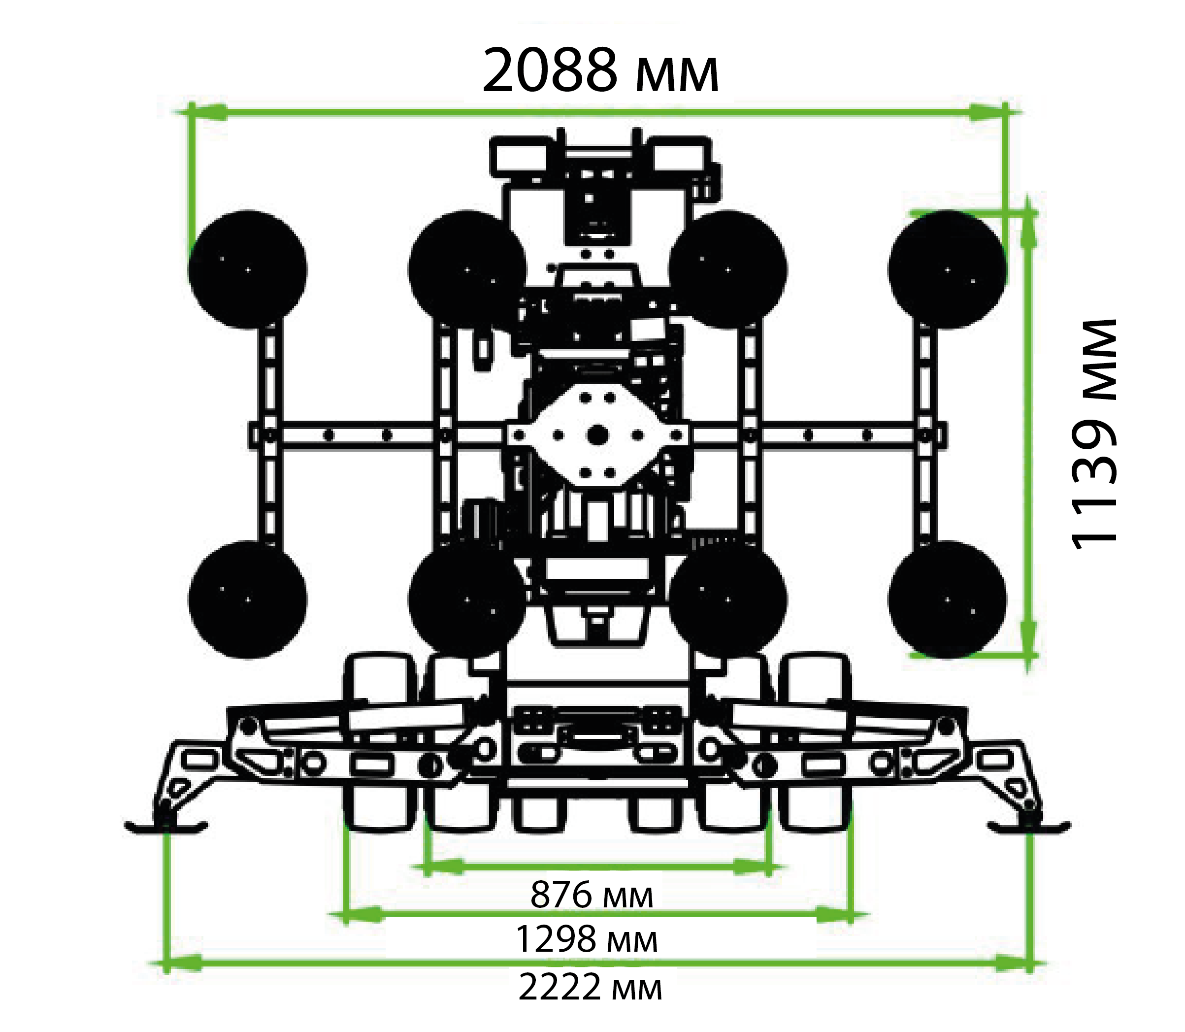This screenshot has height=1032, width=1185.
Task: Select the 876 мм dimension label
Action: [592, 896]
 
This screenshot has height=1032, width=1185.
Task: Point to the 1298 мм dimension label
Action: [586, 940]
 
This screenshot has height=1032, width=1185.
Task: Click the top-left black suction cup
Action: [248, 269]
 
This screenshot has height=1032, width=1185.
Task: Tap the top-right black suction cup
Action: [947, 269]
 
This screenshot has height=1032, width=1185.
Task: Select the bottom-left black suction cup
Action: [248, 599]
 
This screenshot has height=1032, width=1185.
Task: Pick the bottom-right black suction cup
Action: [947, 599]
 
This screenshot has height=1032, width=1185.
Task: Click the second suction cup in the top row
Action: [467, 269]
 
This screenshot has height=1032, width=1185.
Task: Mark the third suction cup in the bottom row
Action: [728, 599]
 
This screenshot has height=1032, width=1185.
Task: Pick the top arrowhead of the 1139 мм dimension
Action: [1029, 231]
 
